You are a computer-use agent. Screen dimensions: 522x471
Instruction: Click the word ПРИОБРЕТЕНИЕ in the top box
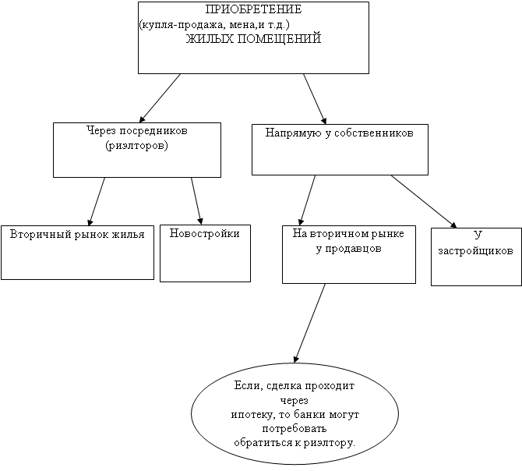point(253,9)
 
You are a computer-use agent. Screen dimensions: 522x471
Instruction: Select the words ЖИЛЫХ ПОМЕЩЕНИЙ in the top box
point(253,39)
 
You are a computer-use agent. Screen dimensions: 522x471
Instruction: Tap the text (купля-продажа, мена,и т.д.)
point(215,25)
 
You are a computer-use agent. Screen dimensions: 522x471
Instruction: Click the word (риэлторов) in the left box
point(137,146)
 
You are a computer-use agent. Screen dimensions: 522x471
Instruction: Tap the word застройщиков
point(476,251)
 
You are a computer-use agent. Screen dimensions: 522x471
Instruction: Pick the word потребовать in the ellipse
point(295,429)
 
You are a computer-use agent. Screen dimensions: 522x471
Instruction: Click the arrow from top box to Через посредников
point(160,98)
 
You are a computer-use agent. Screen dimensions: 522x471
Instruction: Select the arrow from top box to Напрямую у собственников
point(315,99)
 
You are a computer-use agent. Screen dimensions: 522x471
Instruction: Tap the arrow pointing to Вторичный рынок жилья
point(97,201)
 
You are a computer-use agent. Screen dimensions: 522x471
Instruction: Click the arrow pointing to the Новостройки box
point(197,201)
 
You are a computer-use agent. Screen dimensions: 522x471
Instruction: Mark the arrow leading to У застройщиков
point(424,201)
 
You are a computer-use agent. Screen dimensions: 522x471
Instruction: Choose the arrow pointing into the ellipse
point(309,323)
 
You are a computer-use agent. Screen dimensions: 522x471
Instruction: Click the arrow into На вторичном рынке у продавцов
point(307,200)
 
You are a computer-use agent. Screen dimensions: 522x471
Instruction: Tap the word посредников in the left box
point(153,131)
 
